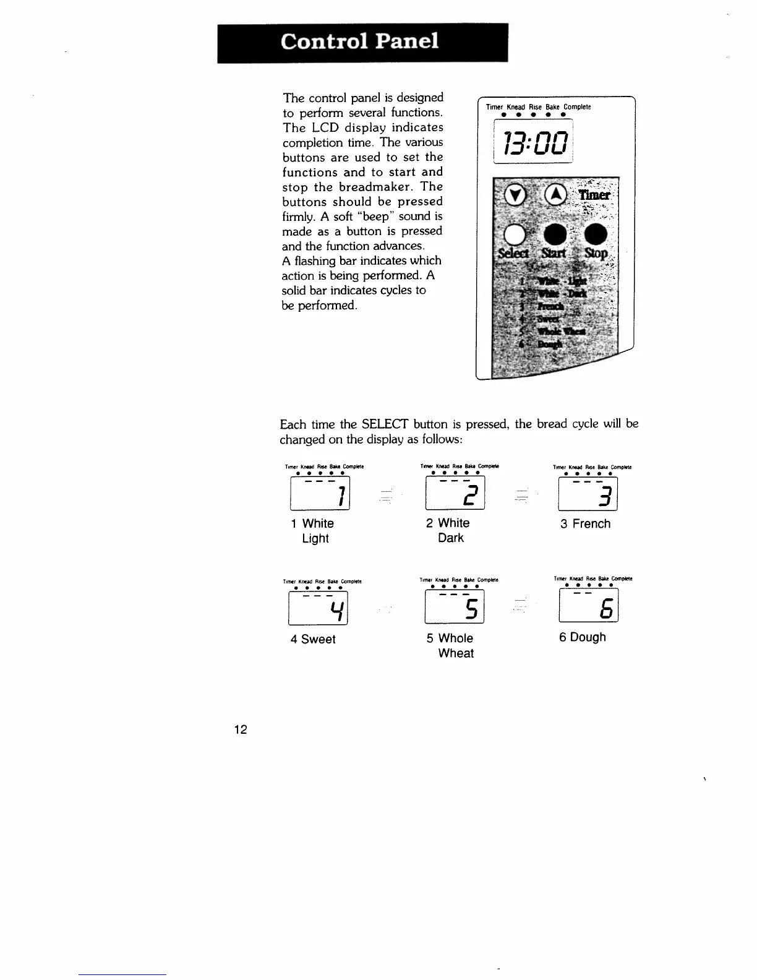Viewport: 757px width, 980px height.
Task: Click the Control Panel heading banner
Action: (362, 42)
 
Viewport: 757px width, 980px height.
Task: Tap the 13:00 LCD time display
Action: (534, 143)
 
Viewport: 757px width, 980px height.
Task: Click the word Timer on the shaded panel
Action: (594, 196)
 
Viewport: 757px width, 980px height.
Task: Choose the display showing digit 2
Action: (455, 493)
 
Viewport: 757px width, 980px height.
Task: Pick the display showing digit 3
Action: (588, 494)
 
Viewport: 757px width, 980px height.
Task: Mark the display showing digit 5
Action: (455, 607)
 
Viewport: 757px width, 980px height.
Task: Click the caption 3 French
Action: (585, 524)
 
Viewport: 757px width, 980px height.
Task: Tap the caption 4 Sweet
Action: (313, 639)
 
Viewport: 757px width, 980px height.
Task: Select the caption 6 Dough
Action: (583, 637)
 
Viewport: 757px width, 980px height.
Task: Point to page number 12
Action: (241, 729)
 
